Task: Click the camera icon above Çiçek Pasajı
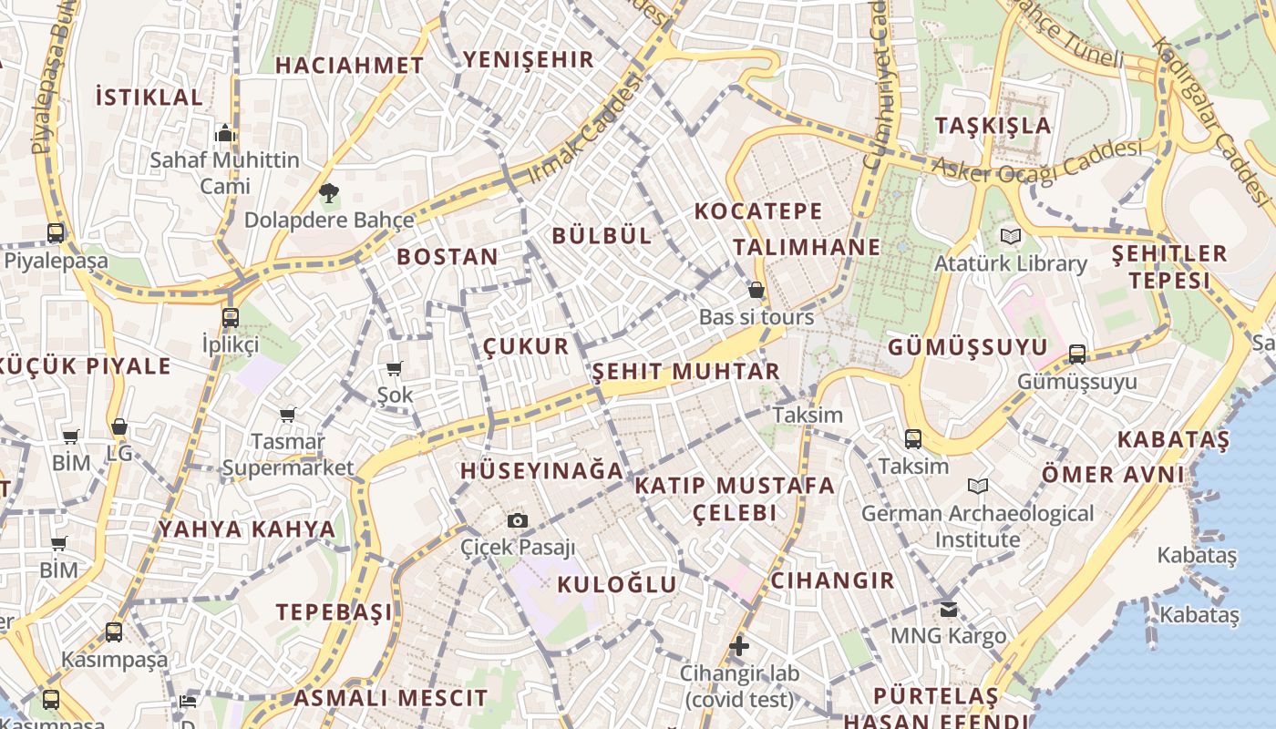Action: (x=518, y=520)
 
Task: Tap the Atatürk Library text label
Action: (x=1010, y=264)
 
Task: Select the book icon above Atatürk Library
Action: (x=1010, y=237)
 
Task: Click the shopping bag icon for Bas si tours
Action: (x=756, y=291)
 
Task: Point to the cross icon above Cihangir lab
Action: (x=739, y=647)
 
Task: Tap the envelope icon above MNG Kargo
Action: (x=949, y=609)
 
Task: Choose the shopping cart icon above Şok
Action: (x=395, y=368)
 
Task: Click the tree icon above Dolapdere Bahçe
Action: (x=328, y=192)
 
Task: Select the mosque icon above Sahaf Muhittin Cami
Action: (x=225, y=133)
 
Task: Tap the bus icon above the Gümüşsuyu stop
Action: (x=1077, y=354)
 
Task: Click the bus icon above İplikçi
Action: (x=231, y=318)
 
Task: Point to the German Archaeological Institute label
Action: (x=977, y=527)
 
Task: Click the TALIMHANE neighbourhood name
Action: (x=807, y=247)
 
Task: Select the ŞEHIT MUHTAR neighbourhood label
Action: (x=686, y=372)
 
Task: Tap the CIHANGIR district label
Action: (x=832, y=580)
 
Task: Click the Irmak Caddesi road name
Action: (x=585, y=128)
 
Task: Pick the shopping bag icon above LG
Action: (x=119, y=427)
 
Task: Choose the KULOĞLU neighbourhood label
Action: (x=617, y=585)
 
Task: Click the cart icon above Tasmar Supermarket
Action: (x=288, y=416)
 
